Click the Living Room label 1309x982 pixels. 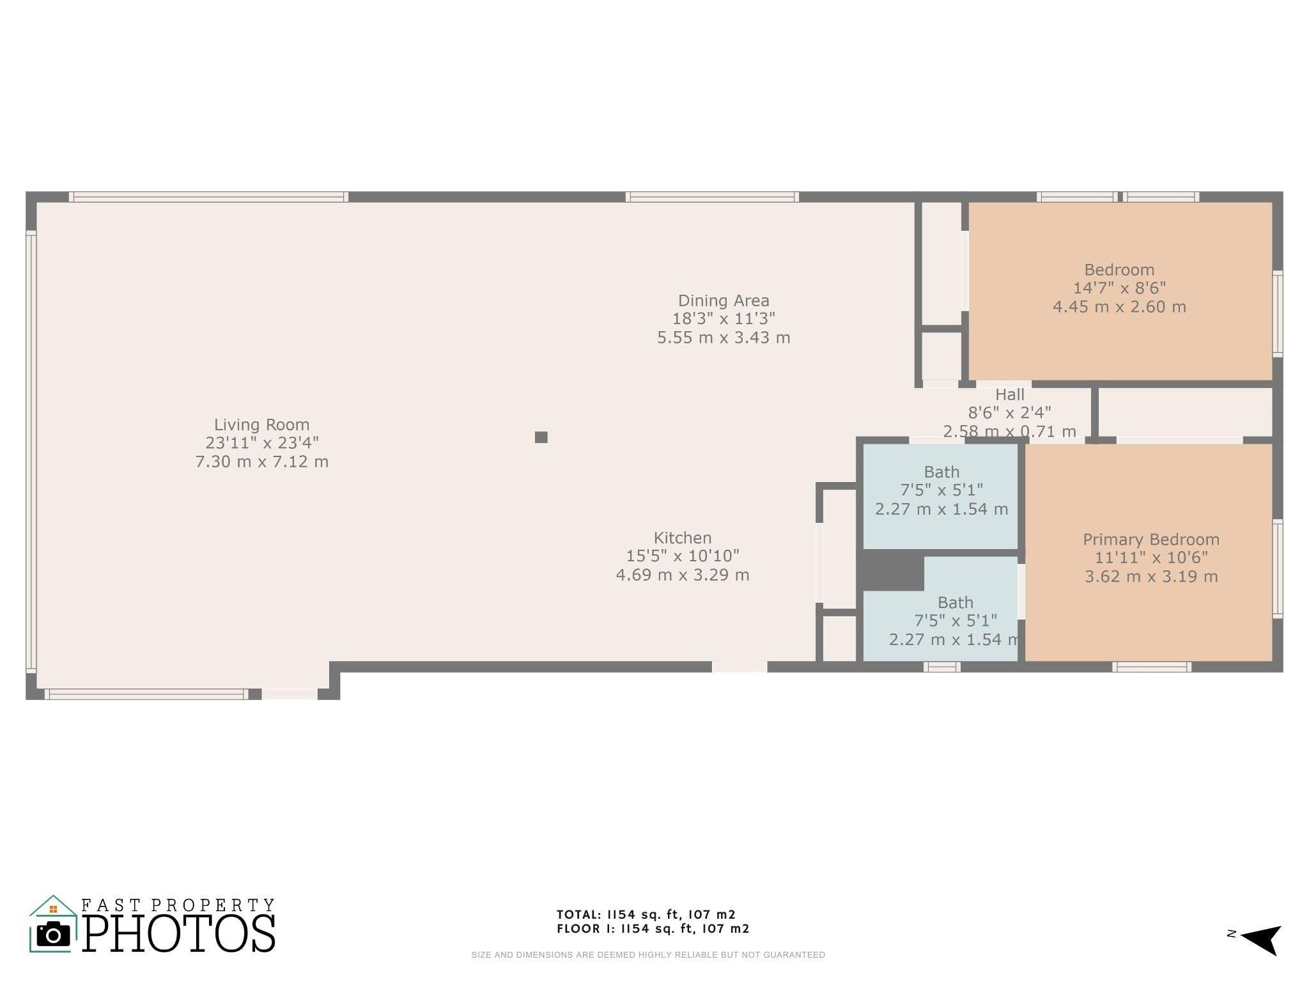click(261, 425)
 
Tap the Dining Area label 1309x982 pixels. click(724, 300)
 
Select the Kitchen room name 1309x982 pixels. click(682, 538)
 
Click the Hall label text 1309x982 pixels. click(1010, 394)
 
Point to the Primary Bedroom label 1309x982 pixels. click(1151, 540)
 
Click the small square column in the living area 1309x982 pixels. click(541, 437)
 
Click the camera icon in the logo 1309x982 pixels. click(54, 934)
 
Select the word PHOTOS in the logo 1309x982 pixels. click(179, 933)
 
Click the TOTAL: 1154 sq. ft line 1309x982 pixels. click(646, 915)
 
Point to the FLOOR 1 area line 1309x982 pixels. click(653, 929)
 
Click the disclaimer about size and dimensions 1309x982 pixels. click(648, 955)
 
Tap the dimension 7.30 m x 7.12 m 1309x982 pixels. click(262, 462)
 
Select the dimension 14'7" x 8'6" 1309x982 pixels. click(1119, 288)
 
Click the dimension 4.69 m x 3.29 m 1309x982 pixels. click(683, 575)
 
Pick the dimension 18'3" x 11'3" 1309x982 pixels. click(724, 318)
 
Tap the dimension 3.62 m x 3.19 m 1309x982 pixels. click(1151, 577)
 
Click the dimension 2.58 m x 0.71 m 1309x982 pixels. click(1010, 432)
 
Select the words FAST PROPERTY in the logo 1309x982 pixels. click(178, 905)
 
